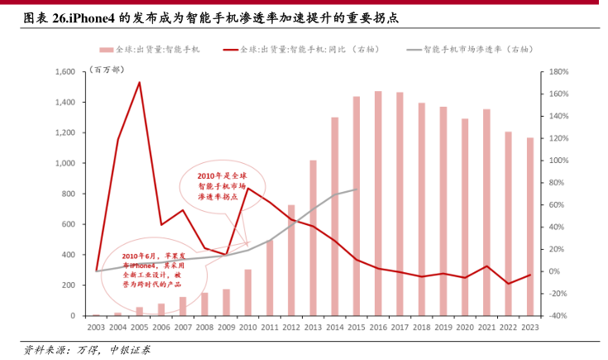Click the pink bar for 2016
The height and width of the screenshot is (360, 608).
click(x=378, y=204)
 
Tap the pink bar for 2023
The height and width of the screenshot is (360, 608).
click(x=531, y=227)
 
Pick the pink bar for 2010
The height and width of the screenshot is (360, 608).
click(x=247, y=292)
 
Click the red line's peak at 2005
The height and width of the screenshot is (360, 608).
click(x=140, y=83)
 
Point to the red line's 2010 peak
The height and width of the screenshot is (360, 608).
click(x=247, y=188)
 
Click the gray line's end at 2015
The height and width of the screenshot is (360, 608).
click(x=357, y=190)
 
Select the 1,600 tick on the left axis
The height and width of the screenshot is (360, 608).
click(x=65, y=72)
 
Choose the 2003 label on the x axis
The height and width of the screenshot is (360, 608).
click(x=96, y=328)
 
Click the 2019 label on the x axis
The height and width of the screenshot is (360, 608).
click(x=443, y=328)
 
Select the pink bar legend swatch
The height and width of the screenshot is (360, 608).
click(x=107, y=50)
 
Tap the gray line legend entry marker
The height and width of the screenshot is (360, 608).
click(x=414, y=50)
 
